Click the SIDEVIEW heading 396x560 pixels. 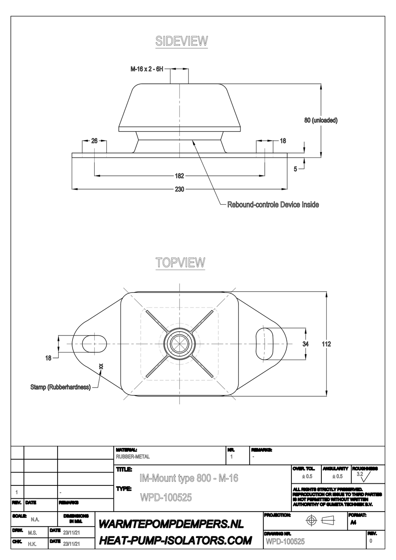[181, 41]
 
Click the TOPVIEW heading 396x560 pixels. [180, 262]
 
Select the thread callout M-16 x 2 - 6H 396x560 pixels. [147, 69]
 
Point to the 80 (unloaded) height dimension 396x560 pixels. [321, 120]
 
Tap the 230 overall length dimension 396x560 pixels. [179, 189]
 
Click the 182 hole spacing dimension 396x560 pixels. [179, 176]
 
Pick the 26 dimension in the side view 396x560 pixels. [94, 141]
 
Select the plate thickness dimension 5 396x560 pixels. [296, 169]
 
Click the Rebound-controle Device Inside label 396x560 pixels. [273, 205]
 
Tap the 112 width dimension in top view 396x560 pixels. [326, 344]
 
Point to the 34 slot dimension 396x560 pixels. [306, 344]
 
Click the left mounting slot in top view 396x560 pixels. [93, 343]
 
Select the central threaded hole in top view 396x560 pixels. [180, 343]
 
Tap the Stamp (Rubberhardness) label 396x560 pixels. [60, 387]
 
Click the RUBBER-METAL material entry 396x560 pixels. [133, 457]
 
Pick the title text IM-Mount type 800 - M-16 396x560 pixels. [189, 478]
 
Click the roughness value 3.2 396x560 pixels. [360, 474]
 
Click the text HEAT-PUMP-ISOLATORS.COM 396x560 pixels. [175, 541]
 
